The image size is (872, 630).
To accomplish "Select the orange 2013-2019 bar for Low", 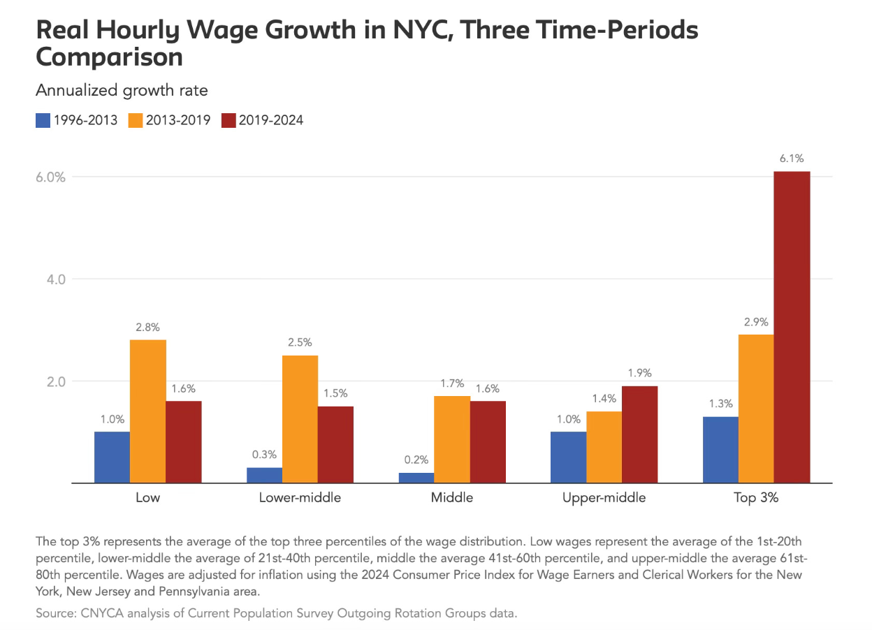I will (x=148, y=411).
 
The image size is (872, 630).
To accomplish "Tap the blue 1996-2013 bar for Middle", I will (x=416, y=478).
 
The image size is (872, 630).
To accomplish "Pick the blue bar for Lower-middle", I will (x=264, y=475).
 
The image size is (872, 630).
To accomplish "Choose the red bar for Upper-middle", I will (x=639, y=434).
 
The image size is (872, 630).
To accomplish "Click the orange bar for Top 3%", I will (x=756, y=409).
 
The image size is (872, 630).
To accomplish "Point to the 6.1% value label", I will (x=791, y=159).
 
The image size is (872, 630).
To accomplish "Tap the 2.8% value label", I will (x=148, y=327).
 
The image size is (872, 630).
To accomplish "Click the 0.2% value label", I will (x=416, y=460).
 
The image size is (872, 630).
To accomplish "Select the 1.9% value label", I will (x=639, y=373).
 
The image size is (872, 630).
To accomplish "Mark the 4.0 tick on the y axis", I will (x=54, y=279).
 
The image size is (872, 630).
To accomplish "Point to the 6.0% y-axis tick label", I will (x=51, y=177).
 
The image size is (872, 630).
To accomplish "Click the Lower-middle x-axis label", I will (x=300, y=498).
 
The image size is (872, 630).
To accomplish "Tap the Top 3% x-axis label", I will (x=756, y=498).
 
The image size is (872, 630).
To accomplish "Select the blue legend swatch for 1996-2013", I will (x=43, y=120).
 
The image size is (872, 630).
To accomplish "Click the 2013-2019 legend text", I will (x=177, y=120).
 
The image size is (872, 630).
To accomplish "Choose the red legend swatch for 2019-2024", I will (x=228, y=120).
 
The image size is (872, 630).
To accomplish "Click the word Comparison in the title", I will (x=109, y=57).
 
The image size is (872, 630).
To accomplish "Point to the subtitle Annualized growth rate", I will (x=122, y=91).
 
